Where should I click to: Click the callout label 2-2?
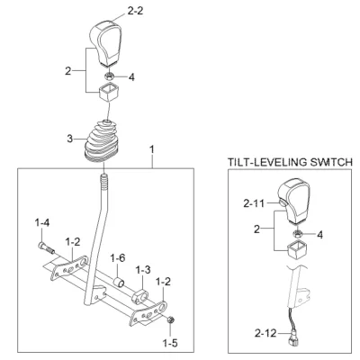[x=135, y=11]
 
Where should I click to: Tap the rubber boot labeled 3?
[x=101, y=141]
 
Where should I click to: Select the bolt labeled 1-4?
[x=46, y=247]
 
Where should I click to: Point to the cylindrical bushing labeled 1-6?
[x=118, y=283]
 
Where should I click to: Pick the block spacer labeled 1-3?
[x=140, y=297]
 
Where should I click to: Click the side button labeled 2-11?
[x=282, y=203]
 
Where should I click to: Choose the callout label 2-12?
[x=265, y=333]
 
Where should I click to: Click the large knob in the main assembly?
[x=106, y=43]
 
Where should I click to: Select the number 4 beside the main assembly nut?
[x=131, y=77]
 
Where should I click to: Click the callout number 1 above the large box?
[x=152, y=149]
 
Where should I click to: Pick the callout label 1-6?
[x=118, y=258]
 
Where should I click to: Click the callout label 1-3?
[x=143, y=270]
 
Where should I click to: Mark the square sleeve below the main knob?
[x=108, y=93]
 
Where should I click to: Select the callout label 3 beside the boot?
[x=69, y=139]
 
